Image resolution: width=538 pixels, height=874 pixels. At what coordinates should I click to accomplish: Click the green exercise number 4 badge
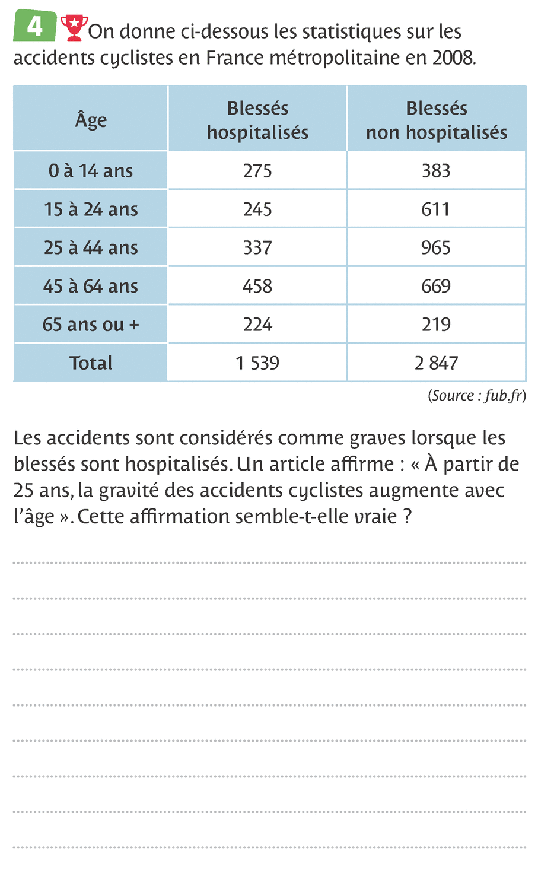coord(35,26)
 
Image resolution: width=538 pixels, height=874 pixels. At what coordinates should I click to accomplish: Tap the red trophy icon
coord(74,28)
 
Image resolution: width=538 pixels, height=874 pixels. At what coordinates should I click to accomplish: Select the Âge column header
coord(91,119)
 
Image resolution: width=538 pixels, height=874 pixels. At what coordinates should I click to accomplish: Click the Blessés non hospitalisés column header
coord(436,120)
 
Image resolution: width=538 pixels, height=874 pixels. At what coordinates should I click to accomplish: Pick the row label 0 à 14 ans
coord(91,171)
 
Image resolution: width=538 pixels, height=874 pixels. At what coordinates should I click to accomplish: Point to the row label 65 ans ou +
coord(91,325)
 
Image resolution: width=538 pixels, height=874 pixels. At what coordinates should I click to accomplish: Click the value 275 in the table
coord(257,171)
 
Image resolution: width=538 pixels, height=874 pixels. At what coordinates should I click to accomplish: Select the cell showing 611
coord(436,209)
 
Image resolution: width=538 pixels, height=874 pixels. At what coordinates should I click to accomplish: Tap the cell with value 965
coord(436,247)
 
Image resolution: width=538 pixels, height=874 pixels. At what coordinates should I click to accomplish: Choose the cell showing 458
coord(257,286)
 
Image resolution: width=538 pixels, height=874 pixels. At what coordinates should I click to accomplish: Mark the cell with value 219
coord(436,325)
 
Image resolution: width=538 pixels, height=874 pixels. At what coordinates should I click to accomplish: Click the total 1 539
coord(257,363)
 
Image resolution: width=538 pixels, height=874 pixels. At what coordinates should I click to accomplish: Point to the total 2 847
coord(436,363)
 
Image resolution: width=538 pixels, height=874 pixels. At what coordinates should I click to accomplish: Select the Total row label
coord(91,363)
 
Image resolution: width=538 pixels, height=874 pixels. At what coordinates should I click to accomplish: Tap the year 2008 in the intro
coord(453,58)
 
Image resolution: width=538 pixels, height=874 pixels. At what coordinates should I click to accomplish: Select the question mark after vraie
coord(407,516)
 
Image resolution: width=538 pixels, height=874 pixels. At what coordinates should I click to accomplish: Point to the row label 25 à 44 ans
coord(91,247)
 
